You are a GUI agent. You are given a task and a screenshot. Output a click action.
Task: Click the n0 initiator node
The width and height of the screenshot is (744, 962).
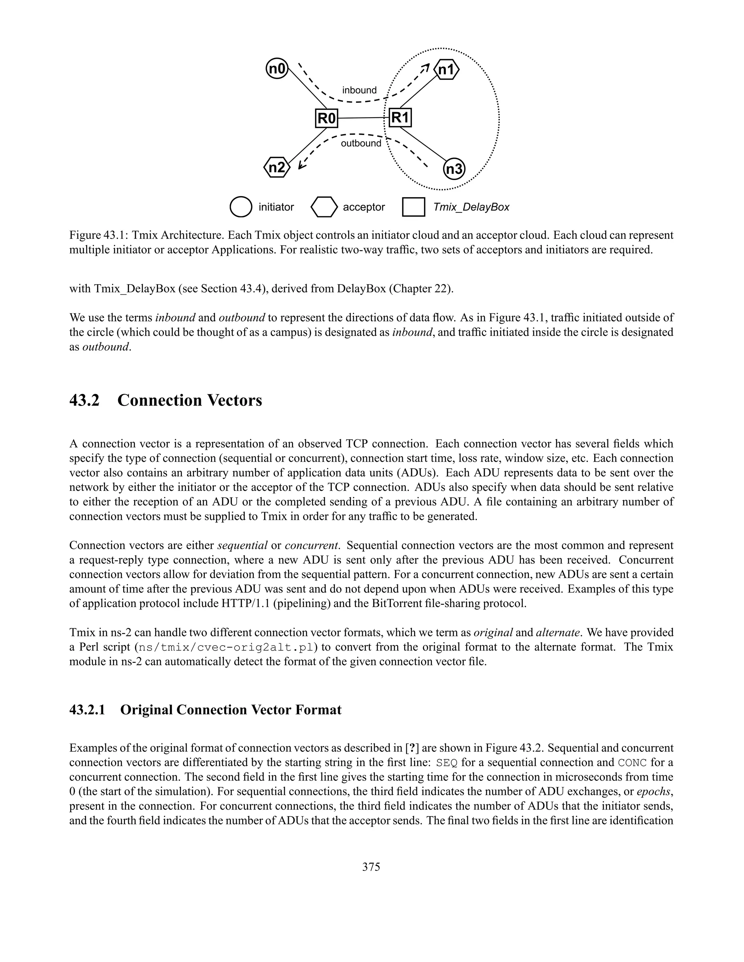277,69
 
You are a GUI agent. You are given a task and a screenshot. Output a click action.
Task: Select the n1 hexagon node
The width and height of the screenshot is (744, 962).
446,70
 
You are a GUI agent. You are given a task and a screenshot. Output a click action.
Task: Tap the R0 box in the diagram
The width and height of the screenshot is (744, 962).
327,118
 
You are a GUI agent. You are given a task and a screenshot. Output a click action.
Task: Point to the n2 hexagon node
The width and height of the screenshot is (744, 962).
277,168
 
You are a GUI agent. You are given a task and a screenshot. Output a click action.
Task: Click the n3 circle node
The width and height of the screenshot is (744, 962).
454,170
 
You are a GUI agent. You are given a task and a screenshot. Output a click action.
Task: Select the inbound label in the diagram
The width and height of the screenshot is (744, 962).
359,90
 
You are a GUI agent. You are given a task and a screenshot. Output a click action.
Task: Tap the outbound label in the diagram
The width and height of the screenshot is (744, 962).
361,143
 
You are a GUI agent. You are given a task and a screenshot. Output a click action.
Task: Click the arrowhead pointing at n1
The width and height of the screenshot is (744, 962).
425,68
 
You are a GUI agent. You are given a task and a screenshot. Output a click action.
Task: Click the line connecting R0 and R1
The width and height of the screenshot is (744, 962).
363,118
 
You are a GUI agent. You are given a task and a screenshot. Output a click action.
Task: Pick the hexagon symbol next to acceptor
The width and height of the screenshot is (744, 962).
324,207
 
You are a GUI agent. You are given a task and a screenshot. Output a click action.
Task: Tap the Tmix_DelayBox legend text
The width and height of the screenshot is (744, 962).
471,207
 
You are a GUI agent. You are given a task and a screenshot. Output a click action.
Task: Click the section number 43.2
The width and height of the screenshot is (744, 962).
84,400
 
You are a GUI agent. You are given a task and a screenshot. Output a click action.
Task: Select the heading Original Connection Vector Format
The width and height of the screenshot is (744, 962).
231,710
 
